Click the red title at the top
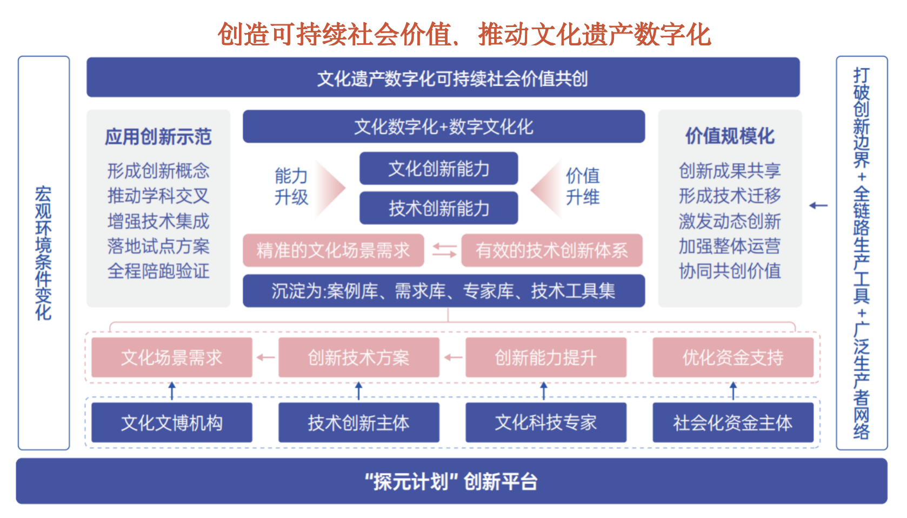pos(464,34)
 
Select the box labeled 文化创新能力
pos(438,169)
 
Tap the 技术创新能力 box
pos(438,208)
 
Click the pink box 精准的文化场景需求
pos(334,250)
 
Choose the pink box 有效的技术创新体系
pos(552,250)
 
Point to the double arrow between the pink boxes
pos(444,250)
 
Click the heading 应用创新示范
pos(158,136)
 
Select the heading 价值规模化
pos(730,136)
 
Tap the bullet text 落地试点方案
pos(158,246)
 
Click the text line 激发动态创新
pos(730,221)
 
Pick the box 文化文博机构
pos(172,422)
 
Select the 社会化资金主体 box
pos(733,422)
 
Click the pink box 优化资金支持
pos(733,357)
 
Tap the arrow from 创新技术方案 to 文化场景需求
pos(265,357)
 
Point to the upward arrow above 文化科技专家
pos(544,390)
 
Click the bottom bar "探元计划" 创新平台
pos(452,481)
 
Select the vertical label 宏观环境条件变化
pos(43,253)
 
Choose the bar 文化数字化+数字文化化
pos(444,127)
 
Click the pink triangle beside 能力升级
pos(330,188)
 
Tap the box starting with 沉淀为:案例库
pos(444,291)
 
